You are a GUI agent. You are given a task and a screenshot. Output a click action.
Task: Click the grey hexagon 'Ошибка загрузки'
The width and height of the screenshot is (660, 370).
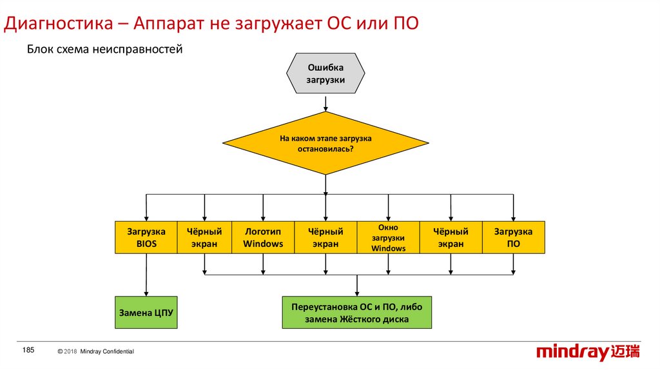coord(325,74)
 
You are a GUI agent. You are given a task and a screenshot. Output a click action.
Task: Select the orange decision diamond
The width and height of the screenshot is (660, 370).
coord(325,143)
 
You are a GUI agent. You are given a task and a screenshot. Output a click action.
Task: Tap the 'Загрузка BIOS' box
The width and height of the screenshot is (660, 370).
coord(146,237)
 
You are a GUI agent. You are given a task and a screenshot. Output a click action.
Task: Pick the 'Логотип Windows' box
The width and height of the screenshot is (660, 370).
coord(263,237)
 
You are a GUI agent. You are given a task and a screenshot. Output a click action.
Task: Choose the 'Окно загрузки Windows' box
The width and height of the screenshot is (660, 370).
coord(388,237)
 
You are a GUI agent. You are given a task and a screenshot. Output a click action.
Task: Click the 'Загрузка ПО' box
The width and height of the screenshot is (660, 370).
coord(513,237)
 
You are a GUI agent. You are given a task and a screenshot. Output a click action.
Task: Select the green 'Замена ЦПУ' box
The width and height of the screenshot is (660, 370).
coord(146,313)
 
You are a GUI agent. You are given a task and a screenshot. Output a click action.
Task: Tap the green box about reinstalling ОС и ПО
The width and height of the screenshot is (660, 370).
coord(356,313)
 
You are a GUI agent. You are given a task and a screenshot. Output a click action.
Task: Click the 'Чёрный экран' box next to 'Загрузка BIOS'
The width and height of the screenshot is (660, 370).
coord(204,237)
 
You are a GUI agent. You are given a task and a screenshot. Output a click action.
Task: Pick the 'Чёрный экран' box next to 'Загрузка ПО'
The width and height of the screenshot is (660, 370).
coord(451,237)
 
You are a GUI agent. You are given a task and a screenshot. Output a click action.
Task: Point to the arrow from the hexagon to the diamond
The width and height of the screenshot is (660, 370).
coord(325,103)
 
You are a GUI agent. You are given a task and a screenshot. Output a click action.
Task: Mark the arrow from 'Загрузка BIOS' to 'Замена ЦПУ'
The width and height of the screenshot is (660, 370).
coord(146,275)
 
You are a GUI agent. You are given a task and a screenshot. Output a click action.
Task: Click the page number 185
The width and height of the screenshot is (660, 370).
coord(28,350)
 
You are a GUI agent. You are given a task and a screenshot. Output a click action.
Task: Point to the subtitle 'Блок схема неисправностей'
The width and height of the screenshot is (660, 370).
coord(104,50)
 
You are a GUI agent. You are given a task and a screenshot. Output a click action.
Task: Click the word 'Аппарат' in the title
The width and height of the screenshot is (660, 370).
coord(169,24)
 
